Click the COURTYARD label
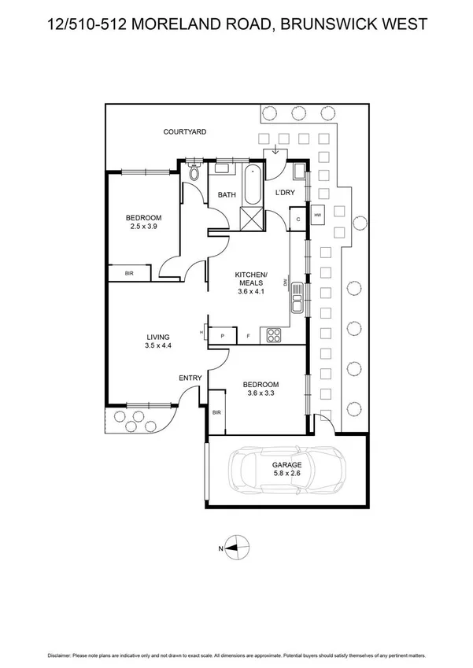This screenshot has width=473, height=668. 185,131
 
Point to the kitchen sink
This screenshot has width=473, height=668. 297,297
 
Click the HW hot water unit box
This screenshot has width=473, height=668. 318,214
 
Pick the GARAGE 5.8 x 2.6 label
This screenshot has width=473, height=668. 287,469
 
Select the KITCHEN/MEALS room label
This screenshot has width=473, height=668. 251,281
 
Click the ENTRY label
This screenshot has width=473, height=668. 190,378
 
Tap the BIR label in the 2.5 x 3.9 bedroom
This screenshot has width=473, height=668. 129,274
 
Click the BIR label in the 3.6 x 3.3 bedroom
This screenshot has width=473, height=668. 216,412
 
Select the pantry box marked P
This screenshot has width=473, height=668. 223,335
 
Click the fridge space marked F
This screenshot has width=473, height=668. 248,335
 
